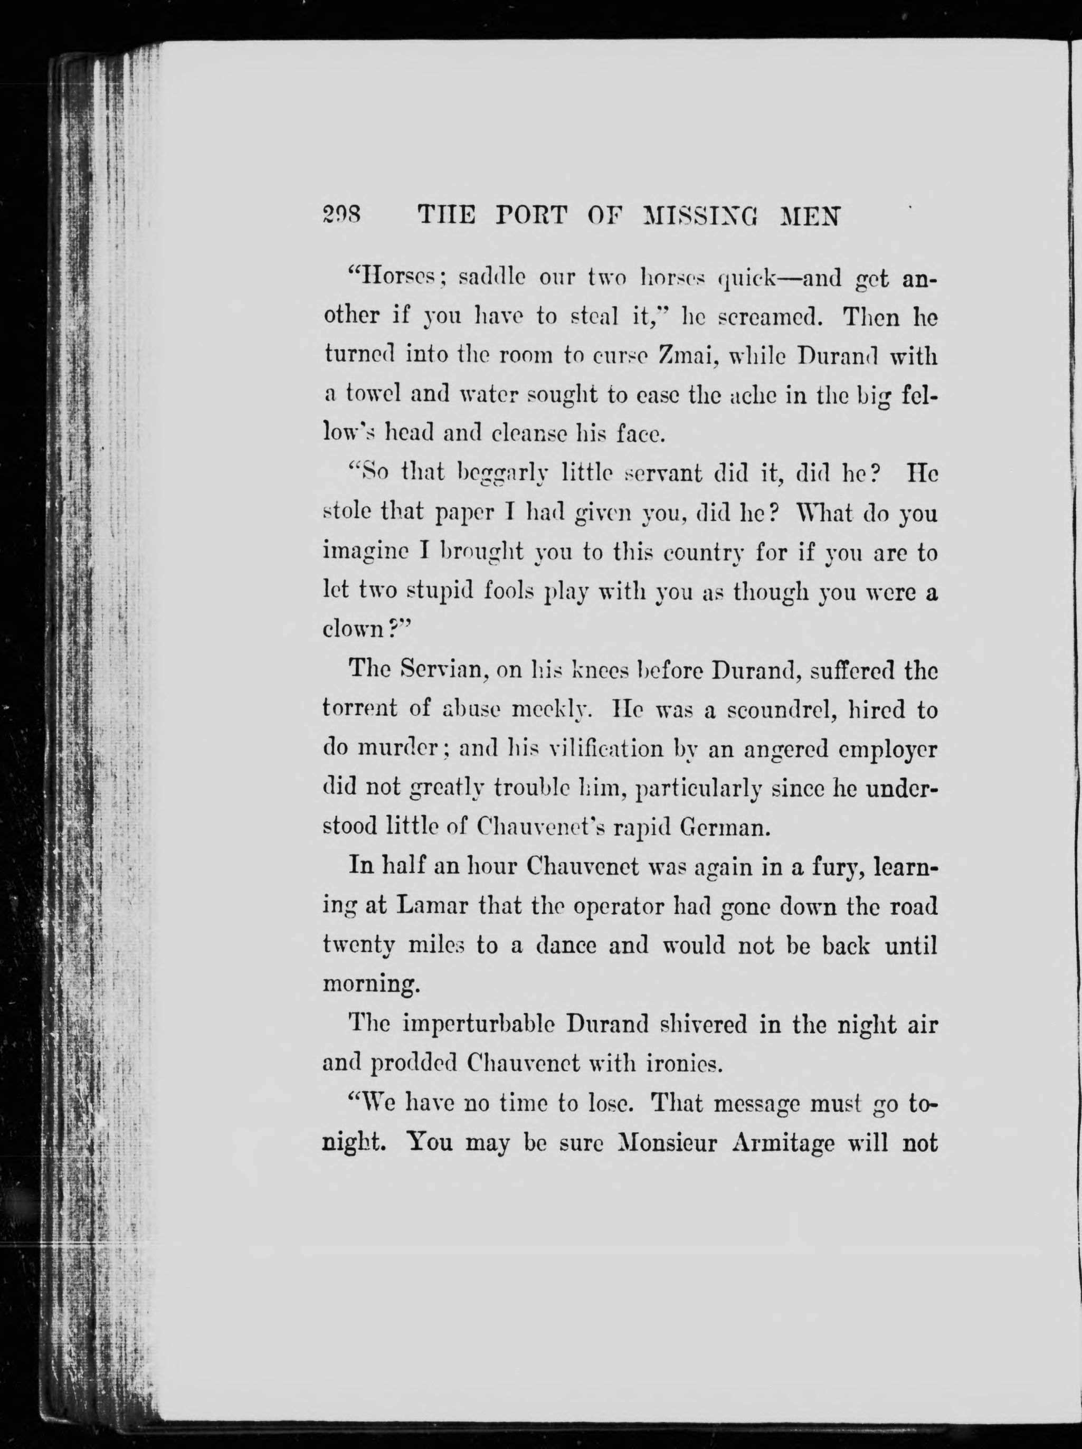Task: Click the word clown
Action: (353, 630)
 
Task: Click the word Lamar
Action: (432, 906)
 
